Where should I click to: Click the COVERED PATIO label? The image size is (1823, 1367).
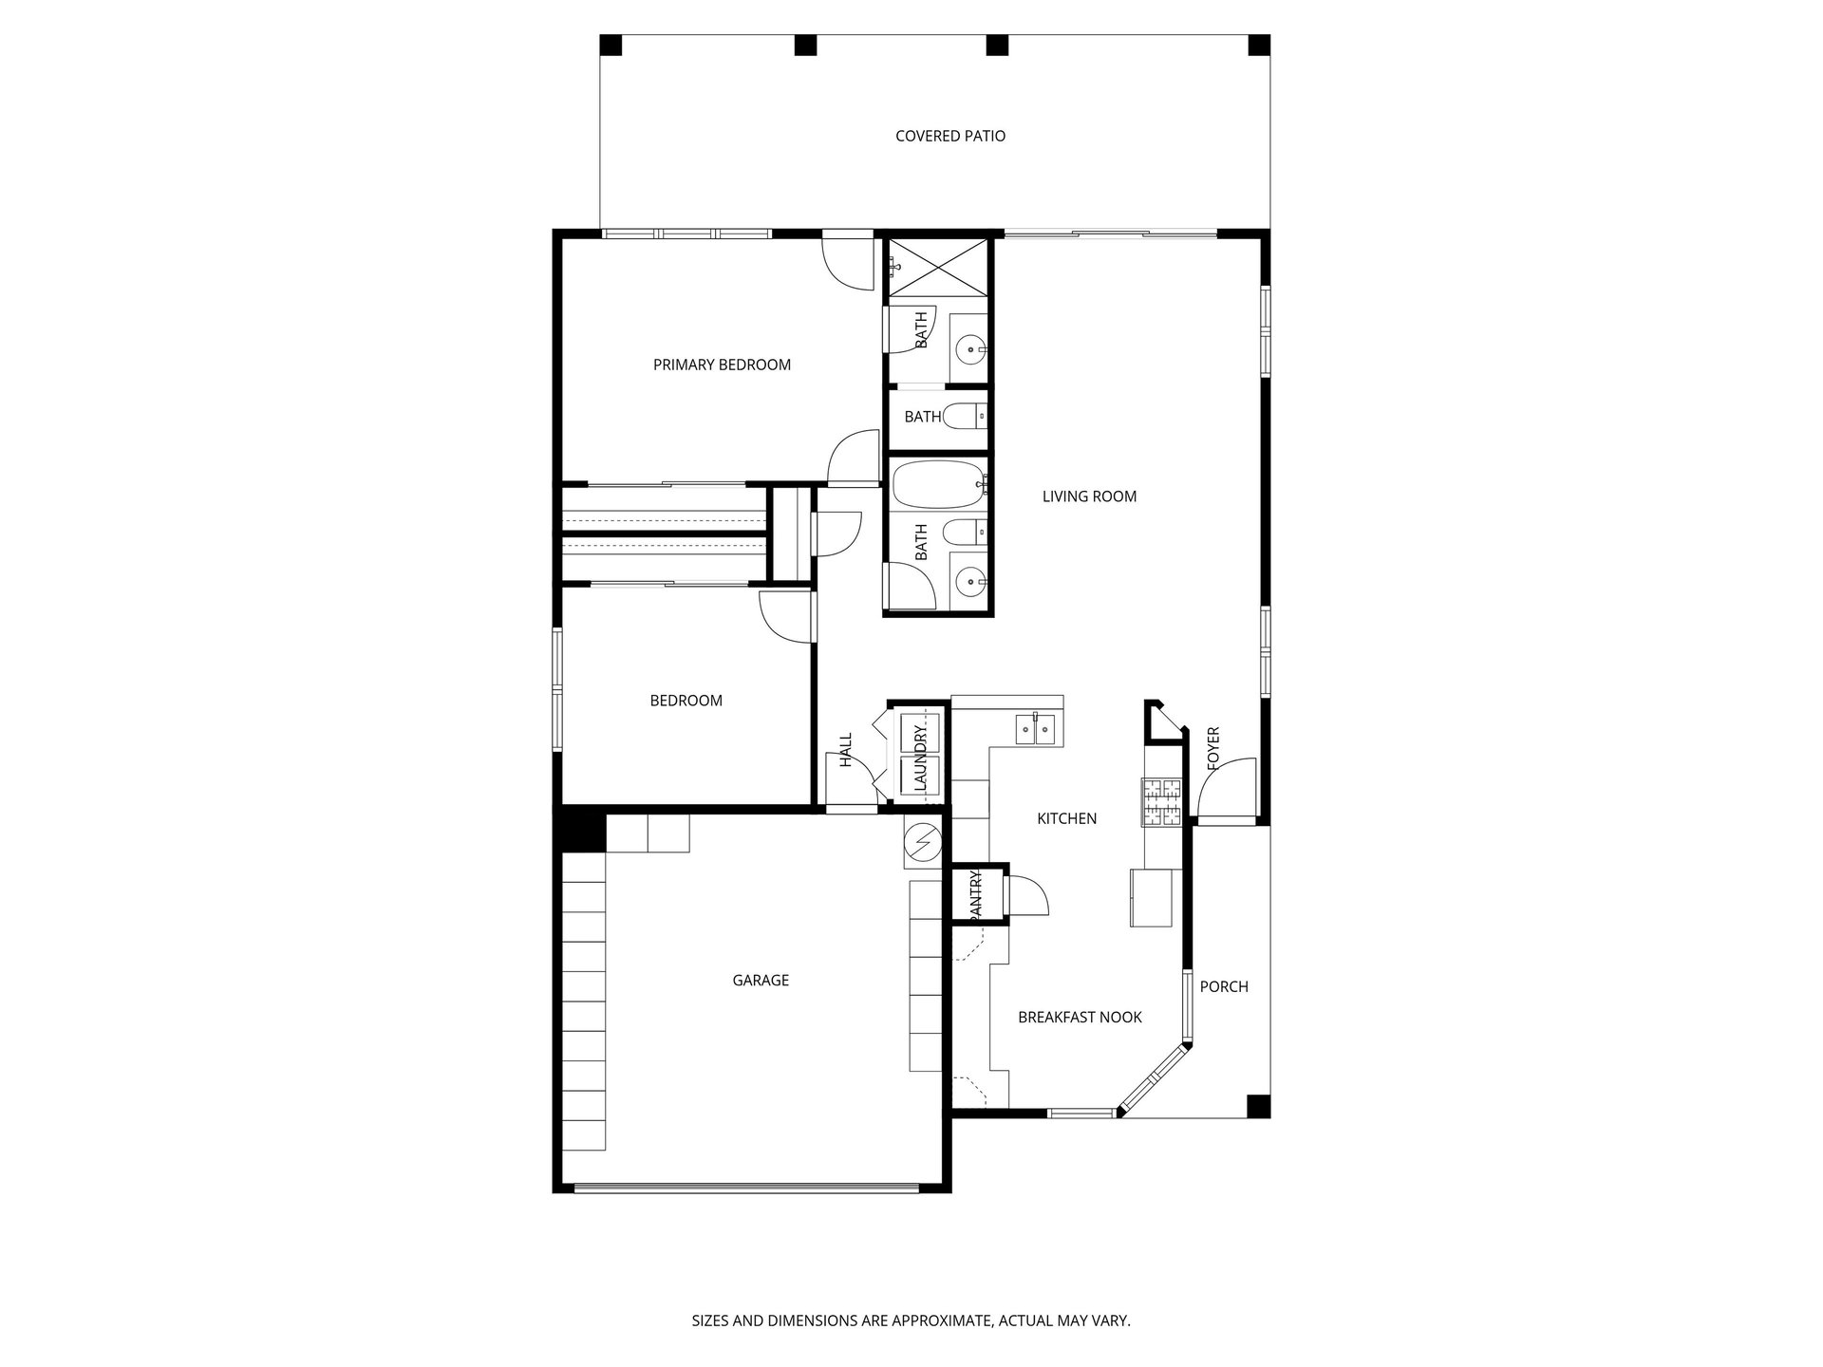point(950,137)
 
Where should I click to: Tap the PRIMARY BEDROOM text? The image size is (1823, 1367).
point(722,365)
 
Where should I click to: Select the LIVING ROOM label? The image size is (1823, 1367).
point(1089,496)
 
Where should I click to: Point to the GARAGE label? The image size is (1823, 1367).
point(761,981)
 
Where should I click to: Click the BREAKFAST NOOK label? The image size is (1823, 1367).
point(1080,1018)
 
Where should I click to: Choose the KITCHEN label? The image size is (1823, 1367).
point(1066,819)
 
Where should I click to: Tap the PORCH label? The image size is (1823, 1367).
point(1224,987)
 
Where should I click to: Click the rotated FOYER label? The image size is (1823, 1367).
point(1212,748)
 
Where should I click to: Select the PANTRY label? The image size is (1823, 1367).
point(977,893)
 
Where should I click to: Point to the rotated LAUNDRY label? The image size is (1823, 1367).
point(918,758)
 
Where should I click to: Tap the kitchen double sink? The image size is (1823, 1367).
point(1035,729)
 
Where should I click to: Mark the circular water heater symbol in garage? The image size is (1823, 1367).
point(921,842)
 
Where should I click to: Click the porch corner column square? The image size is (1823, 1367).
point(1257,1106)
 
